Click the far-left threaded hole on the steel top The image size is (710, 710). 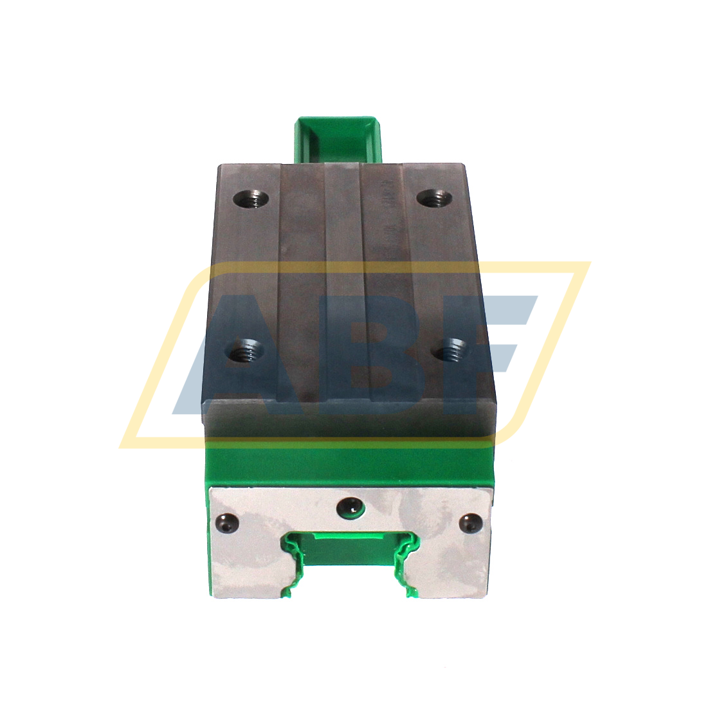pos(251,199)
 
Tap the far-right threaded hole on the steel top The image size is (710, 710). pos(430,199)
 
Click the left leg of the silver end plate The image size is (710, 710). pos(248,566)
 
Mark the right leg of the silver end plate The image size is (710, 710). pos(450,566)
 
